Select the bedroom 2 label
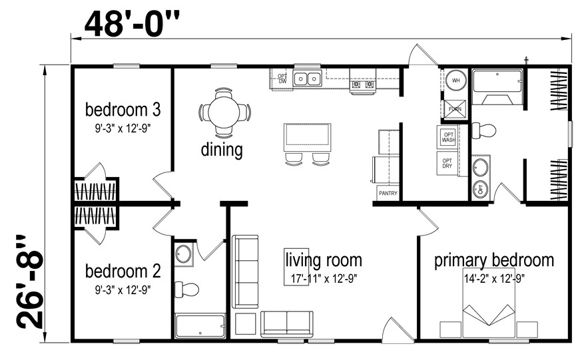123,271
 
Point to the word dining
222,150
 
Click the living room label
324,259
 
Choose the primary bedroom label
493,260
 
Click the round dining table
224,111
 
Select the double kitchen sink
307,79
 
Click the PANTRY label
388,194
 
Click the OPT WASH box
447,136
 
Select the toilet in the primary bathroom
482,130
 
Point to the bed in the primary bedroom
489,320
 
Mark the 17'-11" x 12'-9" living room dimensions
324,278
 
